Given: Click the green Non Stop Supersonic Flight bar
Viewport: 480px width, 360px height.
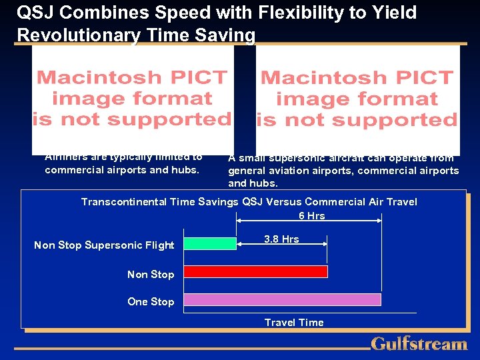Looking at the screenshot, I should [210, 244].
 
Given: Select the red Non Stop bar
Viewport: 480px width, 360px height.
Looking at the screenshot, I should [255, 271].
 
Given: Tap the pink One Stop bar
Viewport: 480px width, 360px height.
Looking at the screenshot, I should [282, 299].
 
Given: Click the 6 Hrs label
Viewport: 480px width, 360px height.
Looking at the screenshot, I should [311, 215].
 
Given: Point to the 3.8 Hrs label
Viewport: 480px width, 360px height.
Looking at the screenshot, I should [281, 239].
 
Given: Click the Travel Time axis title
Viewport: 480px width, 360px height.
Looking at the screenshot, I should [294, 323].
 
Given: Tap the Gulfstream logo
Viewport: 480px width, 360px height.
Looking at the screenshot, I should [419, 344].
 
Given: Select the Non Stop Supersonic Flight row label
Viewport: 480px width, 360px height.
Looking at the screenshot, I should [104, 245].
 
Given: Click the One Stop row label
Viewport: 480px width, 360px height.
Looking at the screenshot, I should [151, 302].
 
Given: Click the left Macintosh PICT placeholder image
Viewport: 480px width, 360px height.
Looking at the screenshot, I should [133, 98].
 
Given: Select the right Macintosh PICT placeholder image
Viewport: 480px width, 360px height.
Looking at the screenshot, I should [358, 99].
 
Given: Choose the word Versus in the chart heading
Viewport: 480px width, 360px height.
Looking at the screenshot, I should [283, 202].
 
